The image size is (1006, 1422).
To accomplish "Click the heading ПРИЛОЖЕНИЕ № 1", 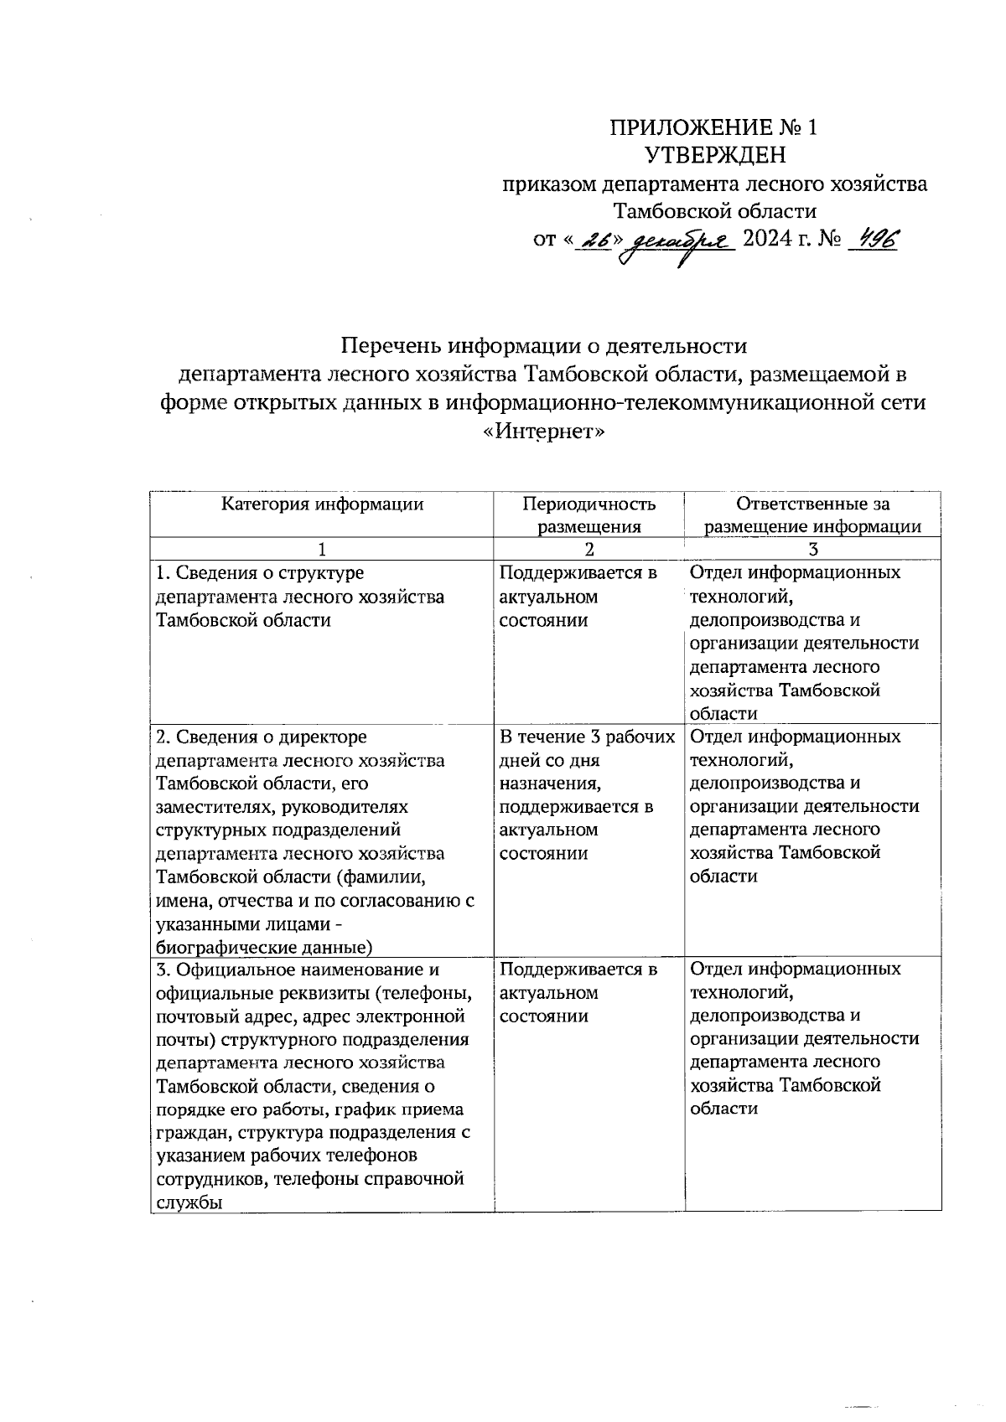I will [x=713, y=127].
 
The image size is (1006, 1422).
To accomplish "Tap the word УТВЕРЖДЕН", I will [x=715, y=156].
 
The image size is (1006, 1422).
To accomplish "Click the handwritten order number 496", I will [x=874, y=240].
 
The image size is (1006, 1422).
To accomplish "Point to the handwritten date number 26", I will [x=596, y=241].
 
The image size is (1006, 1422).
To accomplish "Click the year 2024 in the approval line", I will [x=770, y=240].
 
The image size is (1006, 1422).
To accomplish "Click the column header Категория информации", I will [x=322, y=504].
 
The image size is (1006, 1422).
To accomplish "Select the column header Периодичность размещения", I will [x=589, y=515].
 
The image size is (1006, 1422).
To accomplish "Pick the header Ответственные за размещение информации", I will [x=812, y=515].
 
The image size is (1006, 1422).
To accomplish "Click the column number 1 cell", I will [x=322, y=550].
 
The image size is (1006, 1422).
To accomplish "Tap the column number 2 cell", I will [x=589, y=550].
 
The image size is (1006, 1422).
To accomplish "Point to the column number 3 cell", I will [x=812, y=550].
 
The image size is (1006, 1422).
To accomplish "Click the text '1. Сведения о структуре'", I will [x=260, y=573].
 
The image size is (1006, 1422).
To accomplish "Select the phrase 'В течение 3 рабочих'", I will [x=587, y=737].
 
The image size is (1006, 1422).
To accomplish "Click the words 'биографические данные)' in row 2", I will [x=264, y=948].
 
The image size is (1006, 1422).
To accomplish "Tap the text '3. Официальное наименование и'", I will [x=298, y=970].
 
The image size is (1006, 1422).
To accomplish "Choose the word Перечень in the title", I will [x=392, y=346].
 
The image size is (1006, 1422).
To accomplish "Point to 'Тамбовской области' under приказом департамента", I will [x=715, y=211].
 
